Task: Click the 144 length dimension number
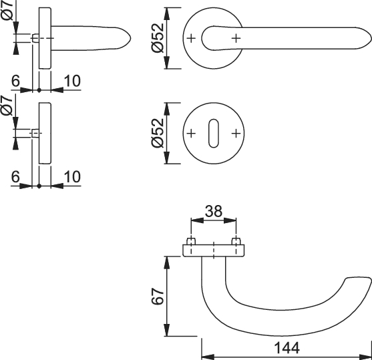tap(287, 348)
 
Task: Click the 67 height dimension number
tap(158, 297)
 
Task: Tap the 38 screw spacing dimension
tap(214, 211)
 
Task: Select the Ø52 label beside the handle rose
tap(158, 38)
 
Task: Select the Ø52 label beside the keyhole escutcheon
tap(158, 133)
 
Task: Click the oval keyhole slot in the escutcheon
tap(214, 133)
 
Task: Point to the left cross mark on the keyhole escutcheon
tap(191, 134)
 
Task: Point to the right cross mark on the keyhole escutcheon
tap(236, 134)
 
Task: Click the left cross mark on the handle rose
tap(191, 38)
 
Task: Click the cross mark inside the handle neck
tap(236, 38)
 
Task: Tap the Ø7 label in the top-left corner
tap(7, 9)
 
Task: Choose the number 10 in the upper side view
tap(72, 81)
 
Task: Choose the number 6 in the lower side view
tap(15, 177)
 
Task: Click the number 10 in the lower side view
tap(72, 177)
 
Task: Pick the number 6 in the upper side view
tap(15, 81)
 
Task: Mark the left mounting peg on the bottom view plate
tap(191, 241)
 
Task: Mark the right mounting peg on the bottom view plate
tap(236, 241)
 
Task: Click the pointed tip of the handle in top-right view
tap(371, 38)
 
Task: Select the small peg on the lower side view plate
tap(35, 133)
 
